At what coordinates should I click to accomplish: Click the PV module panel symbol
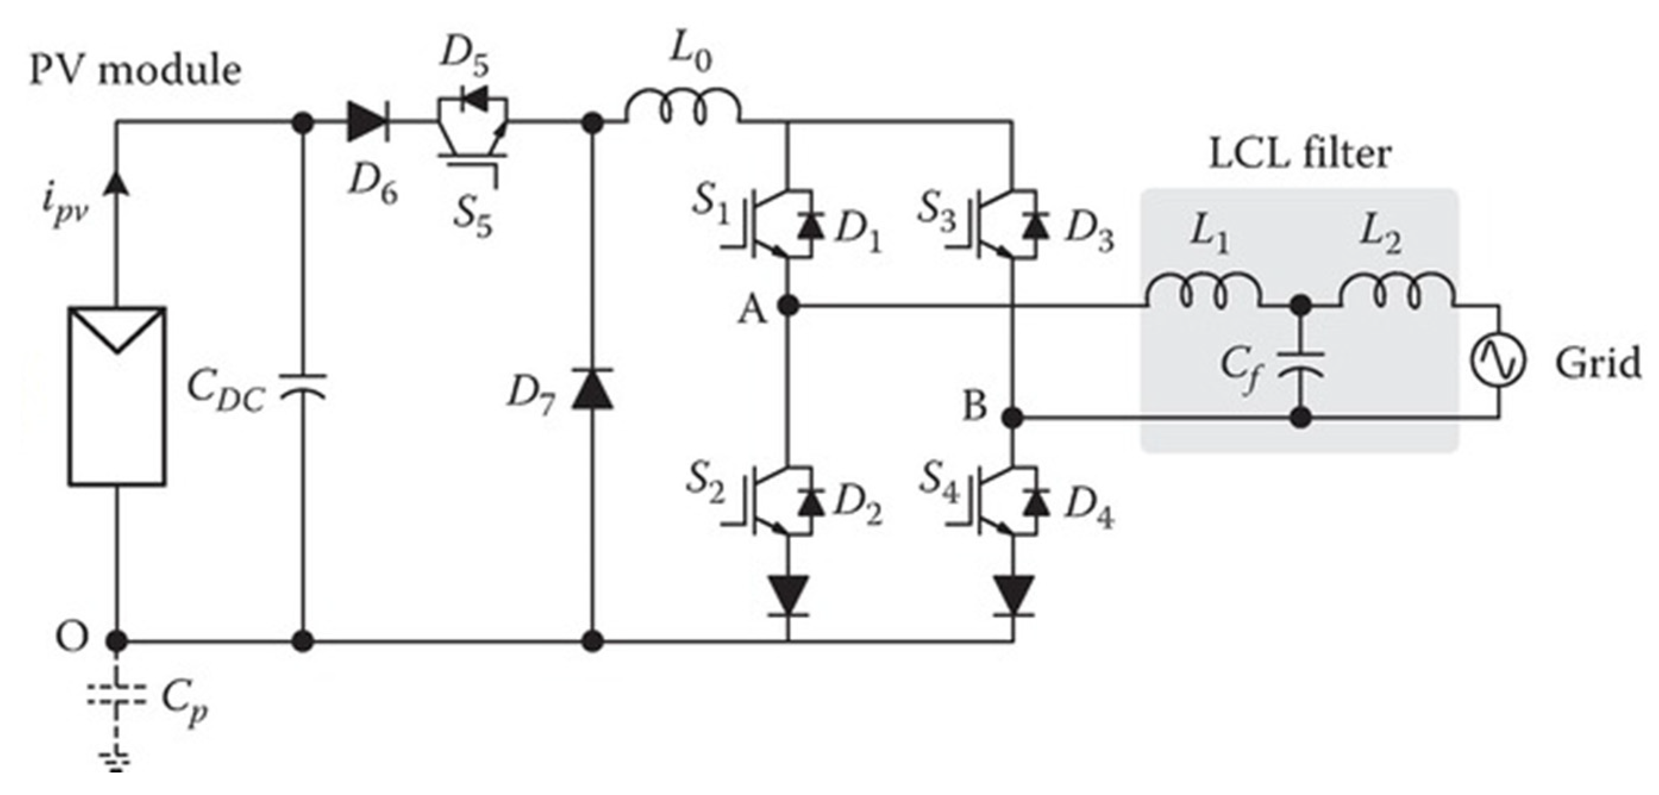[x=117, y=396]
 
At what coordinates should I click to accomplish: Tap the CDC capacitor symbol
[x=303, y=387]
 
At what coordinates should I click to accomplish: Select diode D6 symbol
[x=367, y=122]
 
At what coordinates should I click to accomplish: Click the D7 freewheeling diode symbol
[x=592, y=389]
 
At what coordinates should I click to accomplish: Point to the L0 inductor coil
[x=683, y=111]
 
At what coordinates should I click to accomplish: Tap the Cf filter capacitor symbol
[x=1301, y=365]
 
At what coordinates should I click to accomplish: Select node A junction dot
[x=788, y=305]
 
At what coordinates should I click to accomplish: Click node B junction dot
[x=1013, y=418]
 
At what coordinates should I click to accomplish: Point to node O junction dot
[x=117, y=641]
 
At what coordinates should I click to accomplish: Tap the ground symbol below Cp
[x=117, y=760]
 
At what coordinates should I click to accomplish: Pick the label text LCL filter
[x=1300, y=155]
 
